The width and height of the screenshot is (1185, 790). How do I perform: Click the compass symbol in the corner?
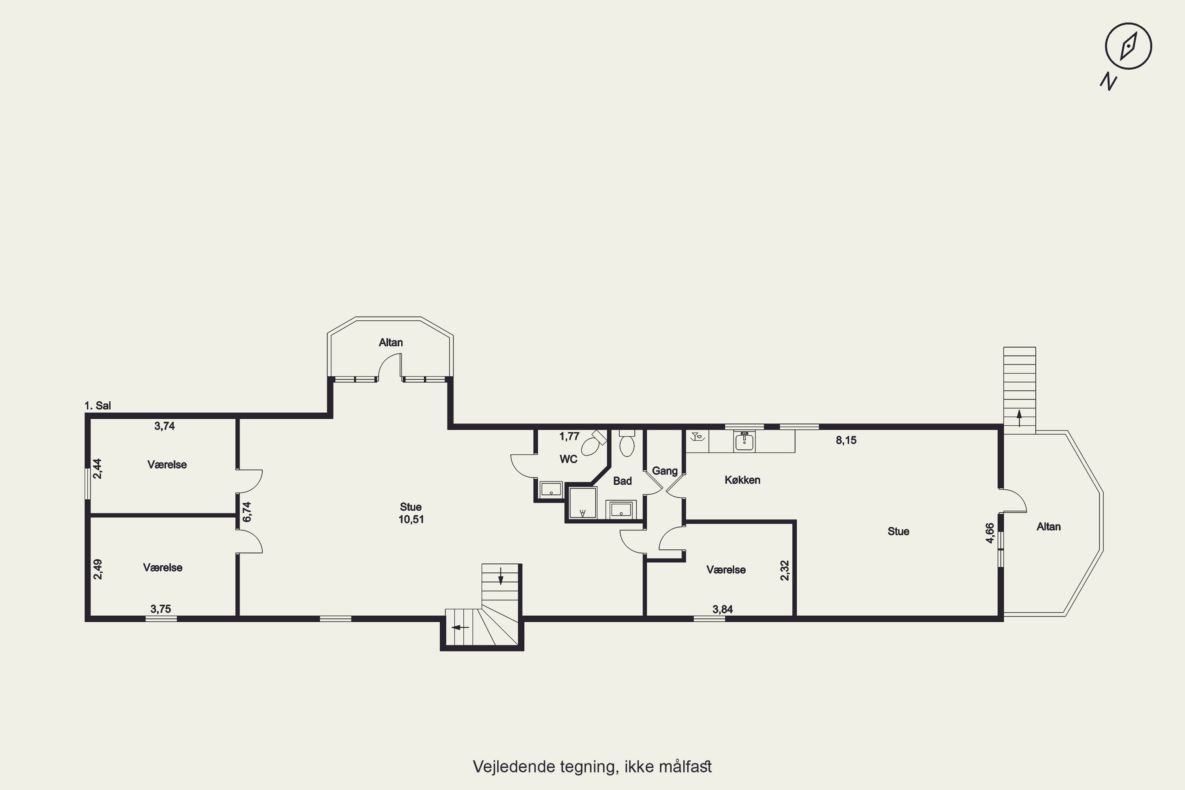click(x=1128, y=46)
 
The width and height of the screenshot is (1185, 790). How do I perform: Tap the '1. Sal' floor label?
click(x=98, y=406)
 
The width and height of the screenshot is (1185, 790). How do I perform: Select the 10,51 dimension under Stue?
click(x=411, y=519)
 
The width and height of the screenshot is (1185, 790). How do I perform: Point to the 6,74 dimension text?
click(x=246, y=512)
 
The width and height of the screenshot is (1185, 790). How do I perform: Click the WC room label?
click(x=568, y=459)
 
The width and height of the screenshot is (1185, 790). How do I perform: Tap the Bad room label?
click(x=622, y=481)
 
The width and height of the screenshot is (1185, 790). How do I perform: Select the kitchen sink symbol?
click(x=744, y=441)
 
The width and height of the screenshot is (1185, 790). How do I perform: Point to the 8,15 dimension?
click(x=846, y=440)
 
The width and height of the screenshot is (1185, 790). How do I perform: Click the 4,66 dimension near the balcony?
click(x=989, y=533)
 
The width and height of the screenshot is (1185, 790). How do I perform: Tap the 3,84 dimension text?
click(x=722, y=609)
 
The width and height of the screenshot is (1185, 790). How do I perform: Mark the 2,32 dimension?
click(x=784, y=570)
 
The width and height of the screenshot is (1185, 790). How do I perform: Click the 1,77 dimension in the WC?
click(x=569, y=436)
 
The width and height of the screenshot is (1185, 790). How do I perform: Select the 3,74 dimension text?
click(x=164, y=426)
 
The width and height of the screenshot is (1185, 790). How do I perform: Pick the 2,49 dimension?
click(x=98, y=569)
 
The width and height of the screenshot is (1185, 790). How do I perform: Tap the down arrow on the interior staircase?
click(x=500, y=576)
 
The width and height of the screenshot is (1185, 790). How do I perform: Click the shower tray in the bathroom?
click(x=582, y=502)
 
